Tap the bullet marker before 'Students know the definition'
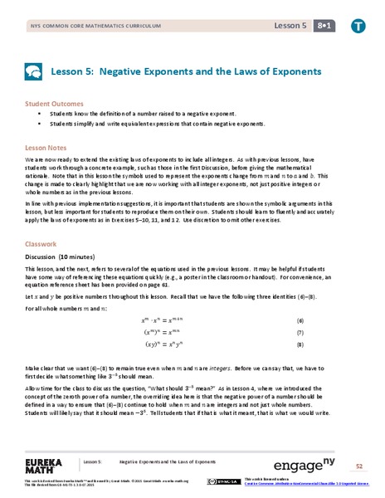pos(39,115)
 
